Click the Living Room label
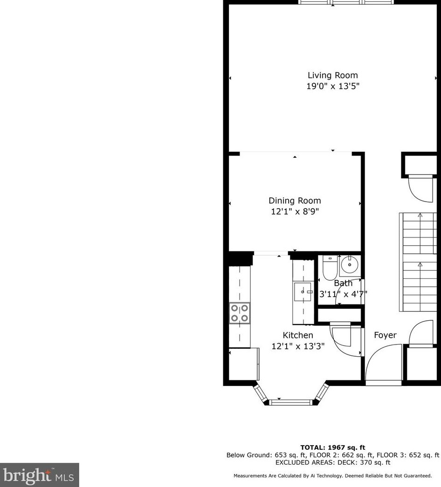[x=332, y=75]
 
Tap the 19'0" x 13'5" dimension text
[x=332, y=86]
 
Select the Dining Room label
[x=295, y=201]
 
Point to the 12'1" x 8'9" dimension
[x=295, y=211]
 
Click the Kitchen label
[x=298, y=335]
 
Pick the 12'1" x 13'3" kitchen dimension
[x=298, y=346]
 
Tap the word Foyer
[x=386, y=335]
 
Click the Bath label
[x=343, y=283]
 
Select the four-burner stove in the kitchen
[x=239, y=313]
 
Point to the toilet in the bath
[x=330, y=268]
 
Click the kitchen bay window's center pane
[x=290, y=401]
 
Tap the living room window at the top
[x=346, y=2]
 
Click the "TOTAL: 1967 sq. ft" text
[x=332, y=448]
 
